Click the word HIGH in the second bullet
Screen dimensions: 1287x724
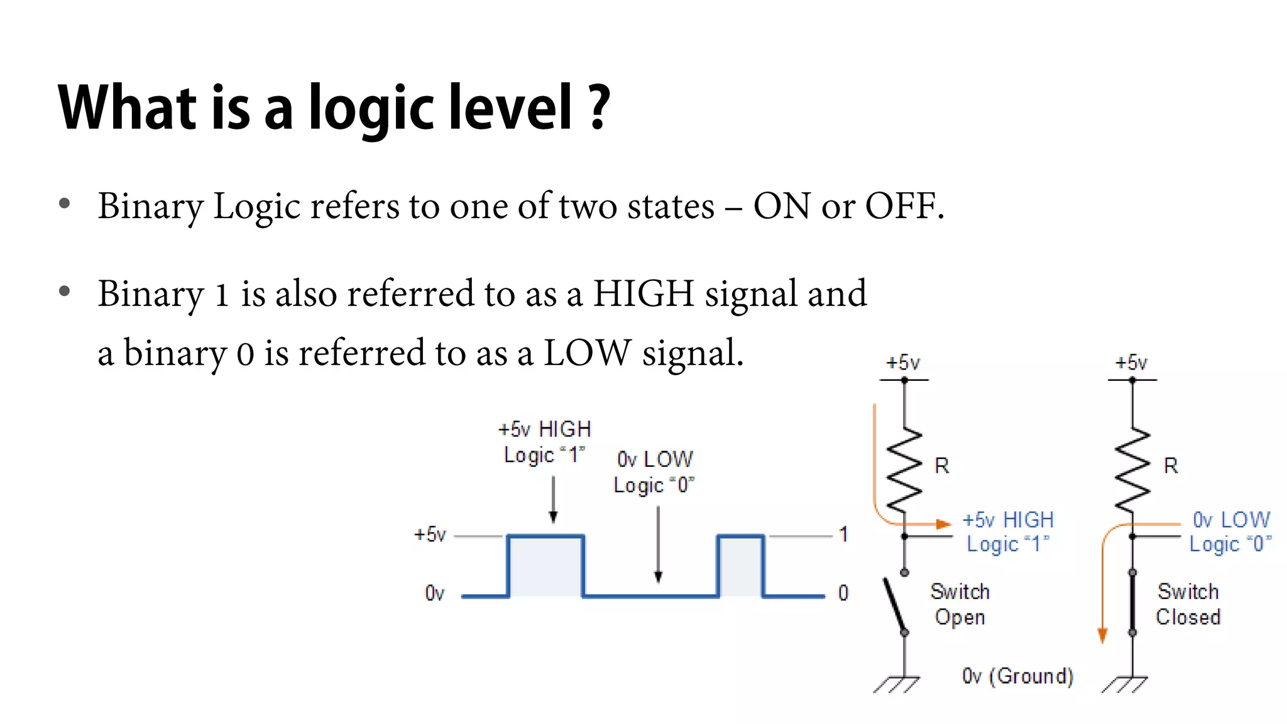(643, 293)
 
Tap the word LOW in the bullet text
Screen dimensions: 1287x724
(587, 353)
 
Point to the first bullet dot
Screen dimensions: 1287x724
(64, 204)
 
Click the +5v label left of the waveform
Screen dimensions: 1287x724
(430, 535)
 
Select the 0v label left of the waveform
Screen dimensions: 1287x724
(434, 593)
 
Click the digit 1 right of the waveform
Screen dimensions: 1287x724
(843, 535)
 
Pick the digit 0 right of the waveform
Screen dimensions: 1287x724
(843, 593)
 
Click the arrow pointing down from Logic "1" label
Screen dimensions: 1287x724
(553, 500)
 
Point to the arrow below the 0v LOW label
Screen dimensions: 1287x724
(658, 544)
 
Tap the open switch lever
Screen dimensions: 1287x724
(894, 605)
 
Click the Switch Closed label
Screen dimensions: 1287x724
(1188, 604)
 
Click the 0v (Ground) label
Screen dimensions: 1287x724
(1017, 676)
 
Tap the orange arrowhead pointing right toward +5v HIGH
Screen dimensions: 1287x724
(943, 524)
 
